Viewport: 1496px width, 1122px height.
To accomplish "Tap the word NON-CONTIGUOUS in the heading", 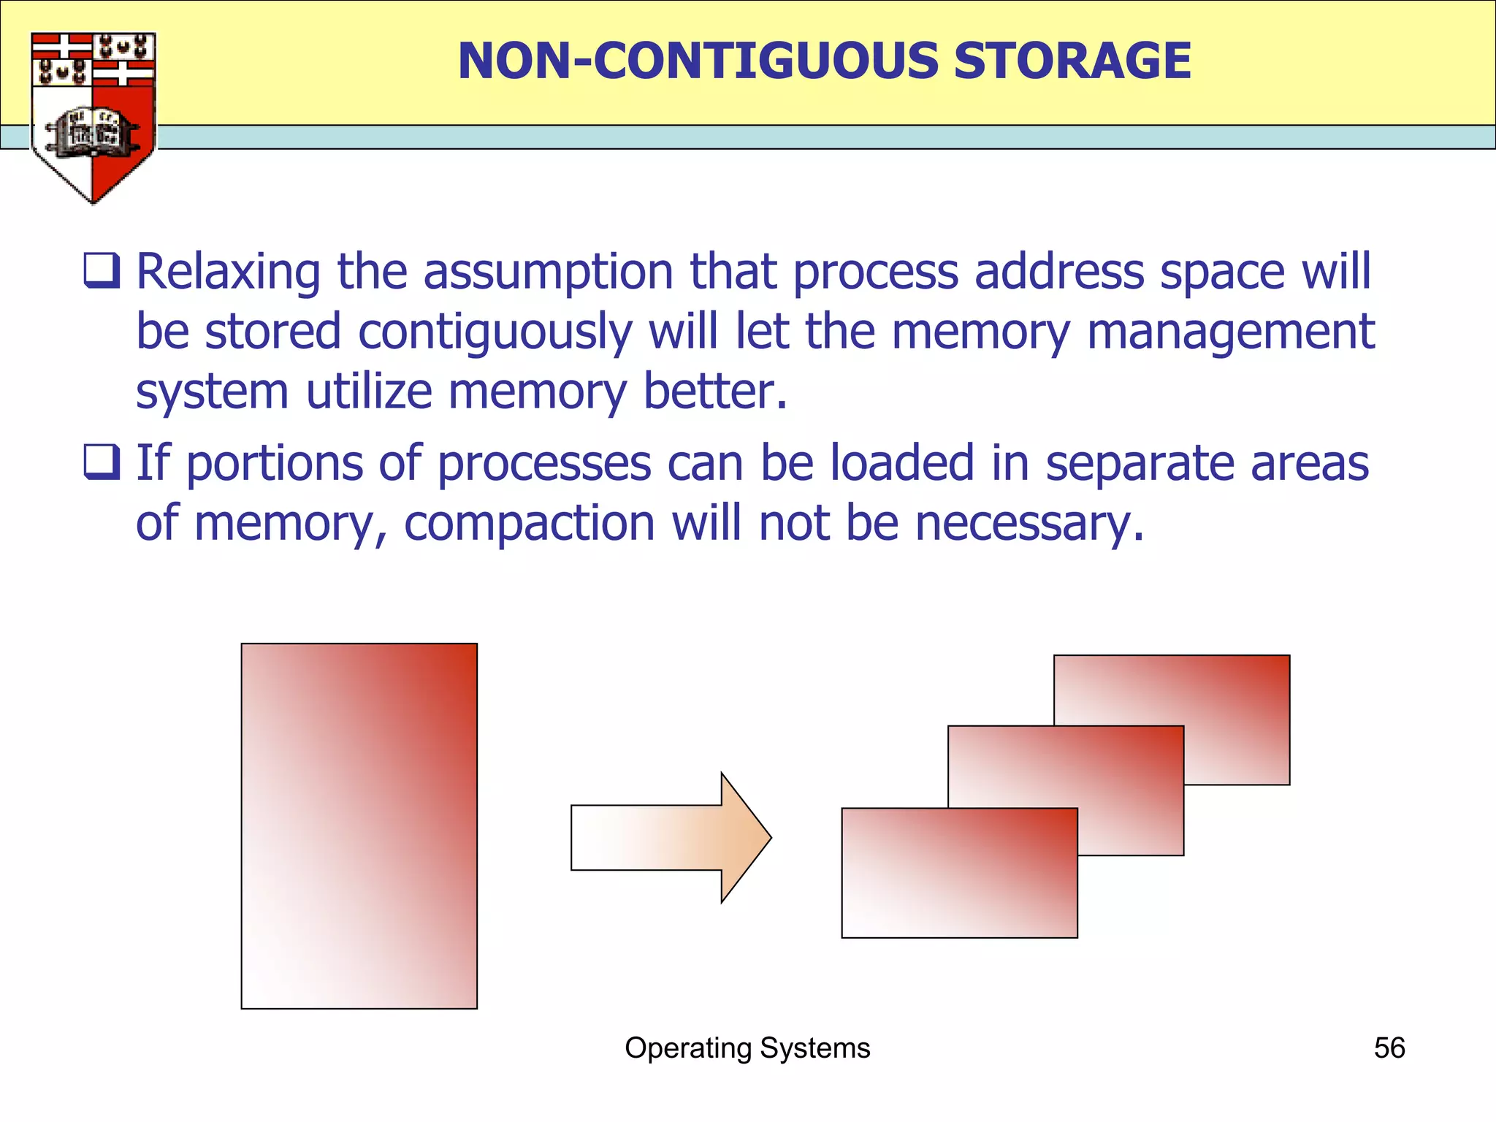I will [x=698, y=61].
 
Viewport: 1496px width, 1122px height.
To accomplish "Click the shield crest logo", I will [x=93, y=117].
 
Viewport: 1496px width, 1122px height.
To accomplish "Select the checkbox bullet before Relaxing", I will [x=102, y=271].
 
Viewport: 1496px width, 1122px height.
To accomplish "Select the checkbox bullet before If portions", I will [x=102, y=462].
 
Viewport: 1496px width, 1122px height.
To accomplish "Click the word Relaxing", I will [x=228, y=272].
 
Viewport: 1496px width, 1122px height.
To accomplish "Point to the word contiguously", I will [x=495, y=332].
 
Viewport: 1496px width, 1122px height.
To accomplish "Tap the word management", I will [x=1231, y=332].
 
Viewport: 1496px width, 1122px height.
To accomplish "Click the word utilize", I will [x=369, y=392].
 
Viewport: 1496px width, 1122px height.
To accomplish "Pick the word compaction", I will [x=530, y=524].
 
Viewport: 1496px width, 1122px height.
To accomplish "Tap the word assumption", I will [x=548, y=272].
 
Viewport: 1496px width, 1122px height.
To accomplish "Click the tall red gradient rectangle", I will [x=359, y=825].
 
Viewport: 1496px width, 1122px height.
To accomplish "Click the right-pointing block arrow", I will [x=671, y=837].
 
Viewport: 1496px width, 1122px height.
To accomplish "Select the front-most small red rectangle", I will [x=958, y=872].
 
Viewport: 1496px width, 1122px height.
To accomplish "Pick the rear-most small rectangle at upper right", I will [x=1234, y=694].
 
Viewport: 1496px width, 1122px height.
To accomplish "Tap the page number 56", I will [x=1389, y=1047].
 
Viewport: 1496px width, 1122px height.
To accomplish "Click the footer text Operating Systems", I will [x=747, y=1047].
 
